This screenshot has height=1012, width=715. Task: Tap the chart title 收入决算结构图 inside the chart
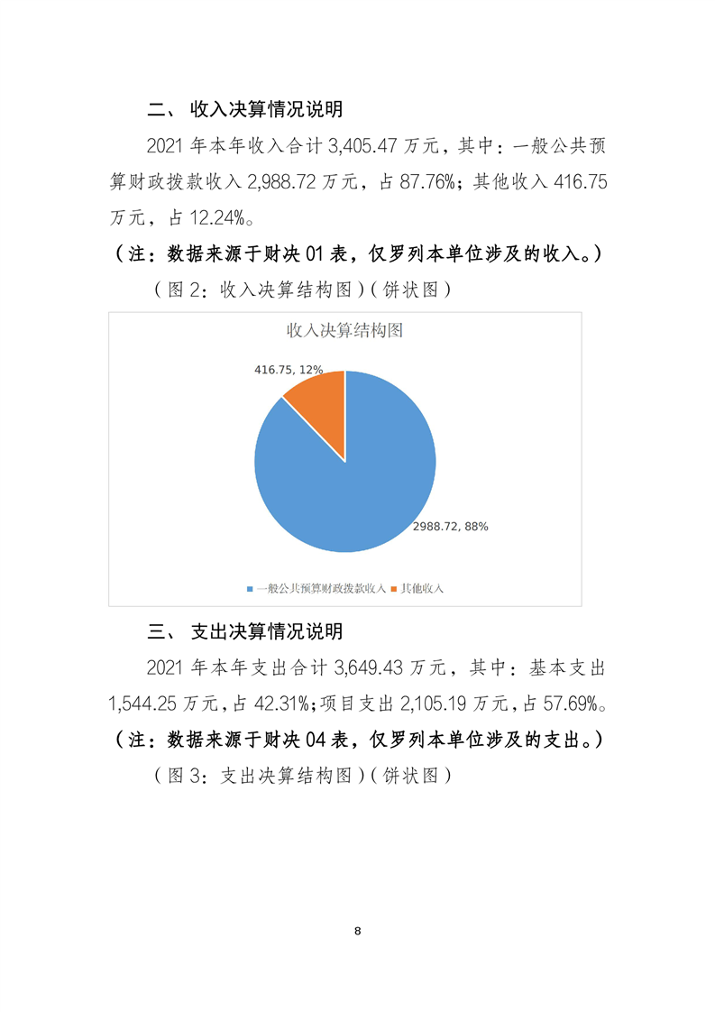pos(344,330)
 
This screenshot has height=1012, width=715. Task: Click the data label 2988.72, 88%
pos(451,527)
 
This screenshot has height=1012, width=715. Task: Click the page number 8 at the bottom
pos(358,930)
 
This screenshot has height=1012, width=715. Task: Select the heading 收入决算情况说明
pos(266,110)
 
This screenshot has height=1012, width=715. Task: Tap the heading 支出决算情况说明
pos(266,630)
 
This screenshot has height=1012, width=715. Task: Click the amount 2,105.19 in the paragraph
pos(415,703)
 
